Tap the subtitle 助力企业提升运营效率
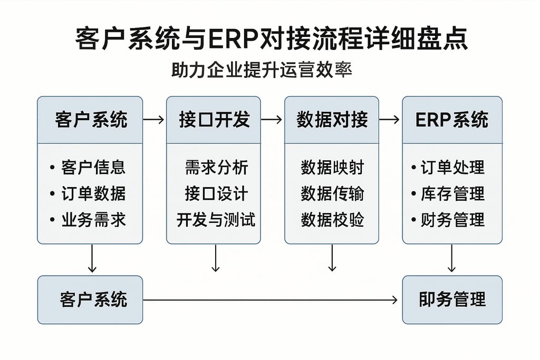coord(262,70)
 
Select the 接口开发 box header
coord(214,120)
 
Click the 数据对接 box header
coord(332,120)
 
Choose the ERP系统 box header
coord(452,120)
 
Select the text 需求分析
coord(216,168)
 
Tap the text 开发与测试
coord(216,219)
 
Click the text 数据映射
coord(332,168)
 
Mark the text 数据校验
coord(332,219)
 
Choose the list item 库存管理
coord(452,193)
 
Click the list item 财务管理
coord(452,219)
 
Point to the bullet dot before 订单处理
coord(413,168)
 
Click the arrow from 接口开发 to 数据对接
coord(272,120)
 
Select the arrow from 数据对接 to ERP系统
coord(390,120)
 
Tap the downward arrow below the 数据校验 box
coord(332,258)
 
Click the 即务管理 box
coord(452,299)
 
